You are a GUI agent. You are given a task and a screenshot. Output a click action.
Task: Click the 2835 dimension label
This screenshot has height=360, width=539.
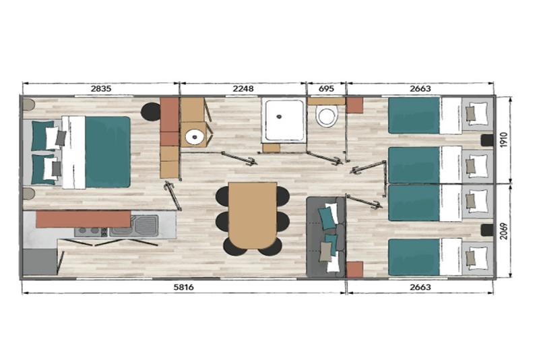(x=101, y=88)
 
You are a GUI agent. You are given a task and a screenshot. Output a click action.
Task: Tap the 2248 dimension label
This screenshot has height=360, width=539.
(x=243, y=88)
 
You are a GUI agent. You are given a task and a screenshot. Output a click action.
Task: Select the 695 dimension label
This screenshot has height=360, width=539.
(x=326, y=88)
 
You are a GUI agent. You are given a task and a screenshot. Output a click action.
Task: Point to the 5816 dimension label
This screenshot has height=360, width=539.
(x=183, y=287)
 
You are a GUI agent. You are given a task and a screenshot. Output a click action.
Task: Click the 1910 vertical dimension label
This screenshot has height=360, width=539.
(x=504, y=140)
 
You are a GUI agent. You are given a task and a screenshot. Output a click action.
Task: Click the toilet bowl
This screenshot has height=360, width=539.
(x=327, y=116)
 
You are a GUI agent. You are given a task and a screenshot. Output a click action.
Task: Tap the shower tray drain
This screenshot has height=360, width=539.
(x=279, y=117)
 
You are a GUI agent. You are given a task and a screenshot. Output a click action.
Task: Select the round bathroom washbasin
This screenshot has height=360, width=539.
(x=195, y=137)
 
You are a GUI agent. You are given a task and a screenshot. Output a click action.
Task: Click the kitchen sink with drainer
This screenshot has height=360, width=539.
(x=134, y=226)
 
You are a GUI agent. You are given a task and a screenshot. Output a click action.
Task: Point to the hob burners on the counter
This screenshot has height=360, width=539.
(x=91, y=231)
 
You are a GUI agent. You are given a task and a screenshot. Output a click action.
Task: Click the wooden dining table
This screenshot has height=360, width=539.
(x=253, y=215)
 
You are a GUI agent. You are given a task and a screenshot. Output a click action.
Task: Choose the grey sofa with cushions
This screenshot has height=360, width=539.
(x=325, y=237)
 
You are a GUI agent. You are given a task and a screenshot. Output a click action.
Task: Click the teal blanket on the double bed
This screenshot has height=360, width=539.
(x=108, y=152)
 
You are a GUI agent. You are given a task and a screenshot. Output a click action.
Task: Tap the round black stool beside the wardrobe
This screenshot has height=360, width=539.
(x=151, y=112)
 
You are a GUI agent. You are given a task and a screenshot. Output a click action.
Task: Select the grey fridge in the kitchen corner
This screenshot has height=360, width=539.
(x=40, y=262)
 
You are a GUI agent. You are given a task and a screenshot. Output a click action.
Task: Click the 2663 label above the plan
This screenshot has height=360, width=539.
(x=420, y=88)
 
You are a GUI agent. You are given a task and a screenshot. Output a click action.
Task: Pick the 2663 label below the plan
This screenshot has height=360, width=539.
(x=420, y=287)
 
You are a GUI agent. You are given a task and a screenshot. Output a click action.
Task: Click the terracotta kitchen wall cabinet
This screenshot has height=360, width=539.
(x=83, y=219)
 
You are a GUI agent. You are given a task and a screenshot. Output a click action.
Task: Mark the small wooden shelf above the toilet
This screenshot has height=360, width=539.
(x=326, y=101)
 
